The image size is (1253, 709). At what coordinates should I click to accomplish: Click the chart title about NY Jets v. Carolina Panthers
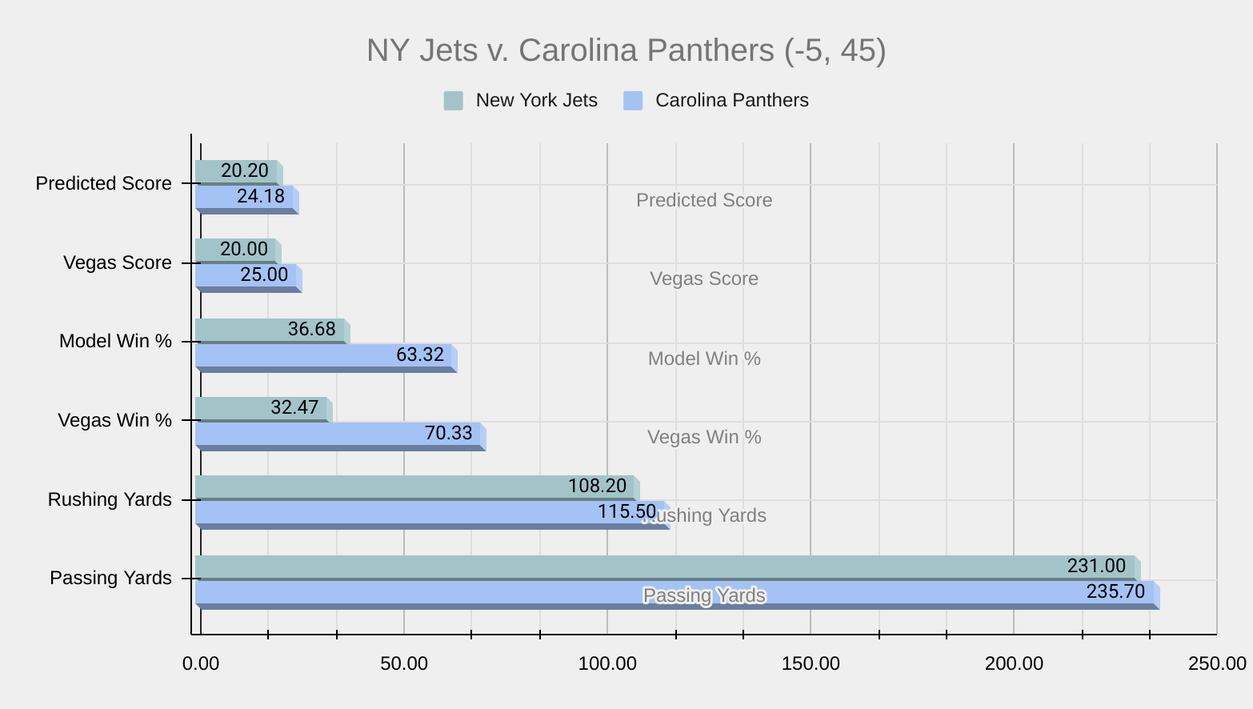tap(626, 50)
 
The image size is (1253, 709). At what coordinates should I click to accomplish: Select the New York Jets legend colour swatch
tap(453, 101)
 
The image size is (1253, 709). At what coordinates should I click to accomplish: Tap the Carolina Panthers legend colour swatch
tap(633, 101)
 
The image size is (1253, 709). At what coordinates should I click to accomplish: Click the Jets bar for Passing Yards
tap(640, 567)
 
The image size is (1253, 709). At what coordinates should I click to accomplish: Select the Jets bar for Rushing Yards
tap(400, 487)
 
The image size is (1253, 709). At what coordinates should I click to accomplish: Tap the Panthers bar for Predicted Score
tap(216, 197)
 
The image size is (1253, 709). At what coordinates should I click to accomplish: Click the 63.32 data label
tap(420, 354)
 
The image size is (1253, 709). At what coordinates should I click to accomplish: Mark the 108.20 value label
tap(597, 486)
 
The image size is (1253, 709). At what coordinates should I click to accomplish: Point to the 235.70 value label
tap(1115, 592)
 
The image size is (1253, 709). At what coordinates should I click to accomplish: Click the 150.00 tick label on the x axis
tap(811, 663)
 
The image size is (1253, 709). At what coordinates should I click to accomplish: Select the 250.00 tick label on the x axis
tap(1217, 663)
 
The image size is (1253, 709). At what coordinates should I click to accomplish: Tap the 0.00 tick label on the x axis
tap(201, 663)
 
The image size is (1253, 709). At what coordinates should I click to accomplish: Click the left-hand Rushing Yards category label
tap(110, 499)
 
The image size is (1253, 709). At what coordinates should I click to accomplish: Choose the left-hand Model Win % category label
tap(115, 341)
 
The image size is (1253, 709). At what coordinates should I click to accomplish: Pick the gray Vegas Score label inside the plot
tap(704, 278)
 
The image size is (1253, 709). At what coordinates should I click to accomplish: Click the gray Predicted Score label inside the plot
tap(704, 200)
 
